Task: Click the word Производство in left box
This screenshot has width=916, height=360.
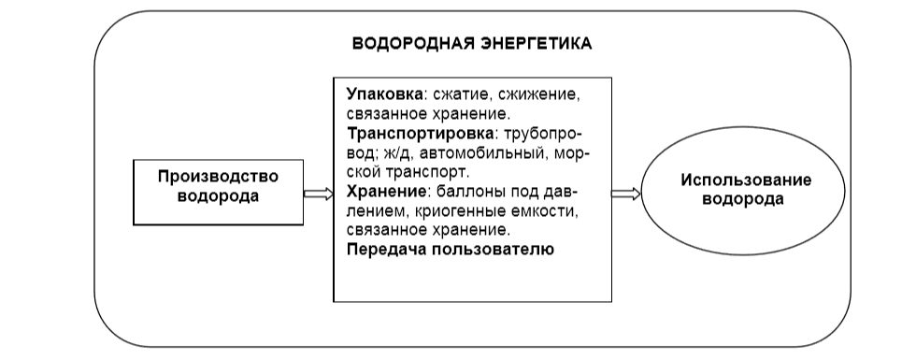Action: click(x=217, y=178)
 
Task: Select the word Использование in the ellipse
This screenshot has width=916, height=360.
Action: click(x=745, y=180)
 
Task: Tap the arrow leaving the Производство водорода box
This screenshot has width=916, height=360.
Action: click(x=318, y=194)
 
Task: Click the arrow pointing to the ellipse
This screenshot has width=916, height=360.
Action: click(x=625, y=194)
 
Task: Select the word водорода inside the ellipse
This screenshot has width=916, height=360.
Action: click(x=745, y=199)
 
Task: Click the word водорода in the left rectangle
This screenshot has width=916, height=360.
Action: click(x=217, y=195)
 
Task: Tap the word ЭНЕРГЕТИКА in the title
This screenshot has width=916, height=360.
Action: click(x=543, y=44)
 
